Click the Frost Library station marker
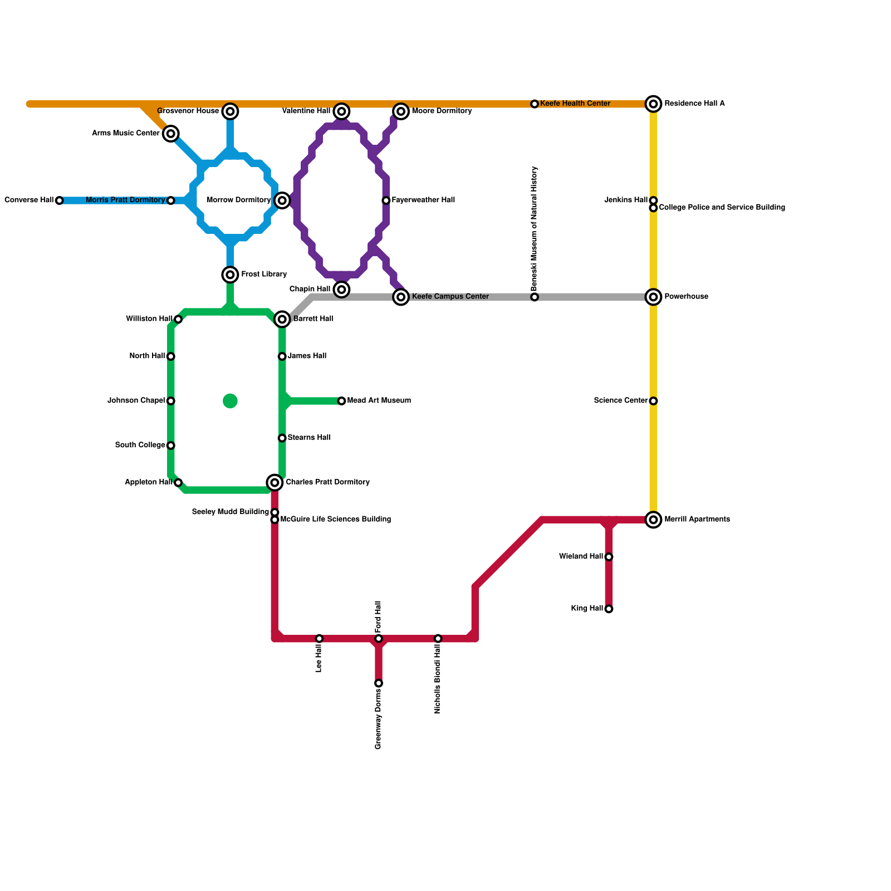click(x=230, y=275)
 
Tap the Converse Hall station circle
click(x=60, y=200)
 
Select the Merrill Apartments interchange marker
click(x=653, y=520)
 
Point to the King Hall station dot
click(x=609, y=609)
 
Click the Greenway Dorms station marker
click(x=379, y=683)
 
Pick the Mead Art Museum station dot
click(x=341, y=401)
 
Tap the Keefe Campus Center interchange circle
click(x=401, y=297)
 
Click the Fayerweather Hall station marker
click(x=386, y=200)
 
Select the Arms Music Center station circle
click(x=171, y=134)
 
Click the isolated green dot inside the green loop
click(x=230, y=401)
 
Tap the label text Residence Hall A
click(x=694, y=104)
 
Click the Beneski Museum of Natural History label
click(x=535, y=228)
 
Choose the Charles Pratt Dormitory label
click(x=327, y=482)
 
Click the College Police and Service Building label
click(x=722, y=208)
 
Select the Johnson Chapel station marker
click(x=171, y=401)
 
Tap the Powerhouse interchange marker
click(x=653, y=297)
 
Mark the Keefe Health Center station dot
click(x=535, y=104)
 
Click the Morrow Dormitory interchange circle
click(x=282, y=200)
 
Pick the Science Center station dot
click(x=653, y=401)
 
